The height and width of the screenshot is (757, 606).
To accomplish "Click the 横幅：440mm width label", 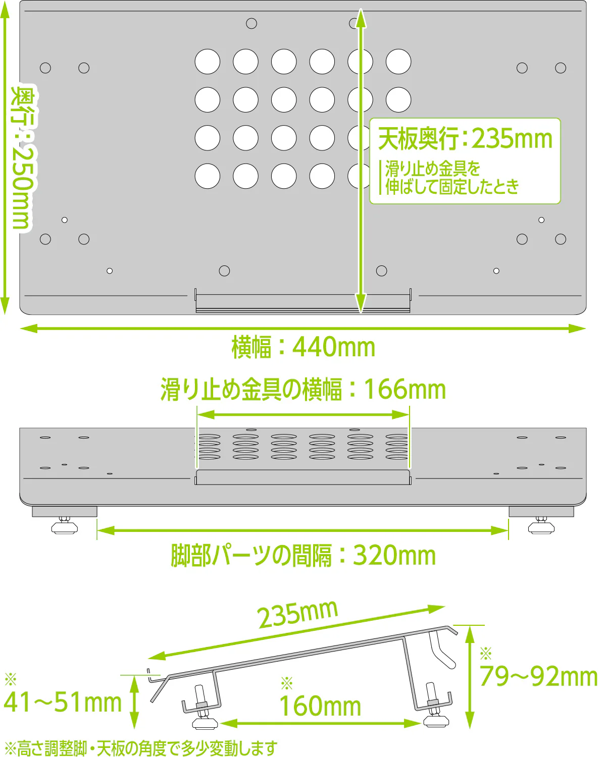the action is (x=303, y=347).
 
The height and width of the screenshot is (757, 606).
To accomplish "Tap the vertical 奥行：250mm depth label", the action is (x=24, y=158).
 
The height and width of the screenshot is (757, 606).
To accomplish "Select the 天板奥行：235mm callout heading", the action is (x=465, y=139).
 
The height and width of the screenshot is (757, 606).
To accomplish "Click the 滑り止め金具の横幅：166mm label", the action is (x=303, y=390).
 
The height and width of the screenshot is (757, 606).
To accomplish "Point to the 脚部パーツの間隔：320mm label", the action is (x=303, y=556).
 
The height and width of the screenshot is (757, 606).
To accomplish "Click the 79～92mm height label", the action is (x=538, y=676).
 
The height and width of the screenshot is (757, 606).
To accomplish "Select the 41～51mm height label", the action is (x=63, y=702).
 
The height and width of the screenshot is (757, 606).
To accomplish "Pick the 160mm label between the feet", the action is (x=320, y=706).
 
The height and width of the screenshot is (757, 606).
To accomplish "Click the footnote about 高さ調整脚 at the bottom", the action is (x=141, y=748).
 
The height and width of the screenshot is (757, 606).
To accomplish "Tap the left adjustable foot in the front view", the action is (x=64, y=525).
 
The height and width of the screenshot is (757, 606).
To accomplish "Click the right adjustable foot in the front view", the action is (x=541, y=525).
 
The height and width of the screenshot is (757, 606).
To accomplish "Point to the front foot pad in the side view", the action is (x=205, y=723).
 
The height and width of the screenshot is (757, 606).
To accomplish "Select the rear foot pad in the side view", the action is (x=436, y=721).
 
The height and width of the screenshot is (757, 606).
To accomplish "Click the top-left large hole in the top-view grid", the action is (x=208, y=62).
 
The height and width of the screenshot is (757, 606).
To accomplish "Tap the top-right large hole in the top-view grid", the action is (x=398, y=62).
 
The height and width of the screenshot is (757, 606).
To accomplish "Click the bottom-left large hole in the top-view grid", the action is (x=208, y=176).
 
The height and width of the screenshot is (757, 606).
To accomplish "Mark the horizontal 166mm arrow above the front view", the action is (x=303, y=414).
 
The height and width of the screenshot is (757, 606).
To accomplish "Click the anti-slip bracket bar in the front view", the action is (x=303, y=477).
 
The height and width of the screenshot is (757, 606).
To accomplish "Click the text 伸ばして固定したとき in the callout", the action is (x=452, y=186).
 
